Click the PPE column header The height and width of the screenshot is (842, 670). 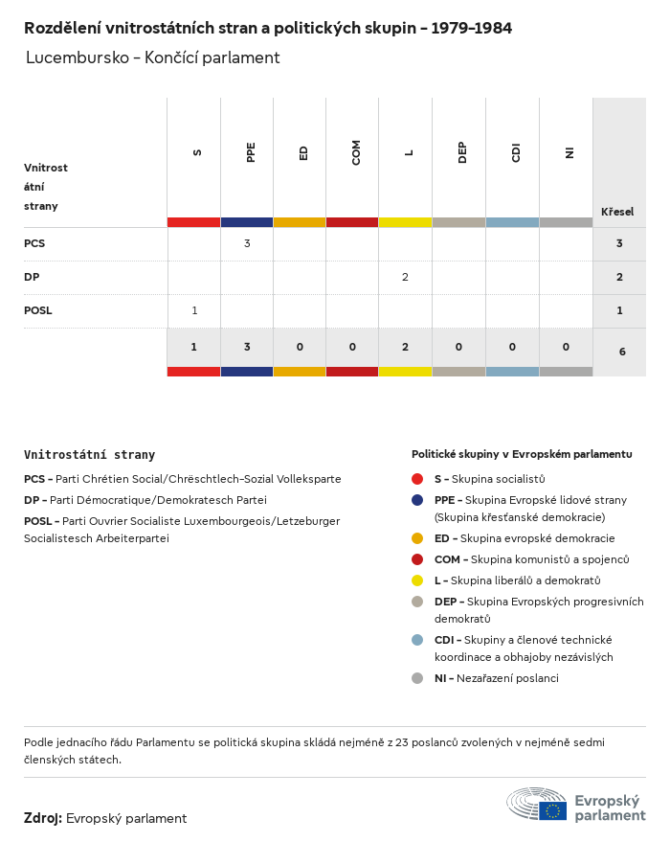pos(251,152)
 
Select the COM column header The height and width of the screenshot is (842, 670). pos(356,152)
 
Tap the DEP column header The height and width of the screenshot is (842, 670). pos(462,152)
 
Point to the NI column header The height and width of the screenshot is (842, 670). pos(569,152)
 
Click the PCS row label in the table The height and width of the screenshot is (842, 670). pos(34,243)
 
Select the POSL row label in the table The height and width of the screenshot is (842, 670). pos(38,310)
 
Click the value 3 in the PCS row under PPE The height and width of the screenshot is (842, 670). pos(247,243)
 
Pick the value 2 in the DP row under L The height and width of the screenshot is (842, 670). pos(405,277)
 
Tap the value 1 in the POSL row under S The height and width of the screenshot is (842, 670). pos(194,310)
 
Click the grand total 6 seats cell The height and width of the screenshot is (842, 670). pos(622,352)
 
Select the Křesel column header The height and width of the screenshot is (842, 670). pos(617,212)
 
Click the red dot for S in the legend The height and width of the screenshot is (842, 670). pos(417,479)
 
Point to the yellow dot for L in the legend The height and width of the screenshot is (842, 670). pos(417,580)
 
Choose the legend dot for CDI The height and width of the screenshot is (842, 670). pos(417,640)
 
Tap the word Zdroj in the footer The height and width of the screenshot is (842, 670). pos(43,818)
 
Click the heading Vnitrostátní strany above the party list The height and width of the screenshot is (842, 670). pos(89,455)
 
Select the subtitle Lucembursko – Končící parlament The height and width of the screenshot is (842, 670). pos(153,57)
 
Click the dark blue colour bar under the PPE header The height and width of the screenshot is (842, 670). pos(247,222)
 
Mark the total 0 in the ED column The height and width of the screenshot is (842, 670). pos(300,347)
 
